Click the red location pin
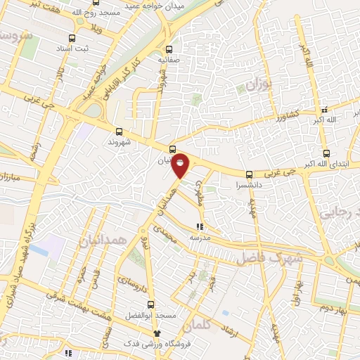click(181, 165)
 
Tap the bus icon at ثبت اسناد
click(71, 39)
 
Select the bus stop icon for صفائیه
click(169, 49)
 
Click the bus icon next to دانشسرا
click(249, 174)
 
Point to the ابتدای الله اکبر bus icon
click(326, 153)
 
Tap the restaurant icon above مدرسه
click(200, 227)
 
